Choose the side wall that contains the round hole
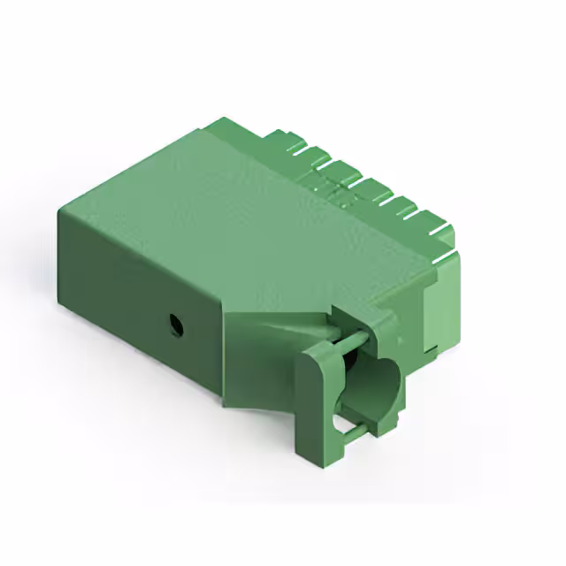[x=141, y=310]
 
